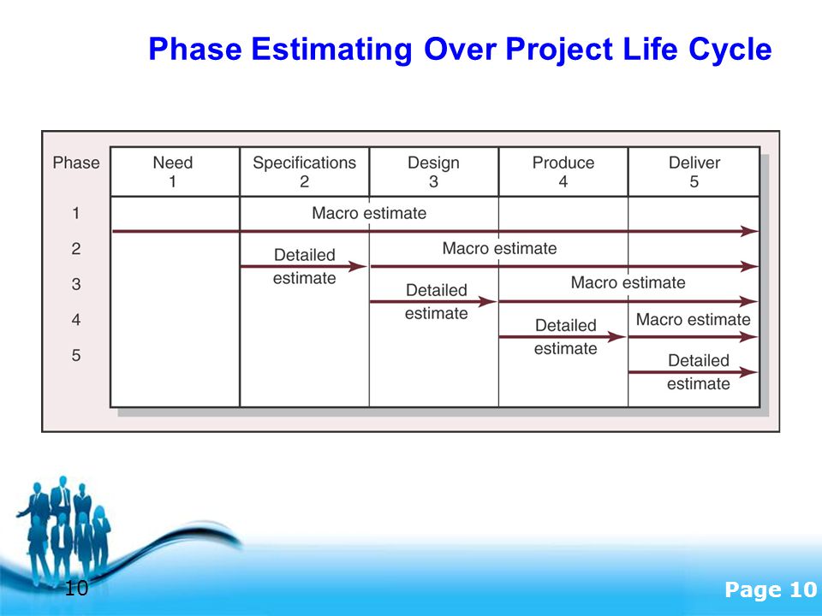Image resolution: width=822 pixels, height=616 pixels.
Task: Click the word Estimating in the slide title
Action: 332,50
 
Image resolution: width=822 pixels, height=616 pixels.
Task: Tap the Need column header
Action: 172,172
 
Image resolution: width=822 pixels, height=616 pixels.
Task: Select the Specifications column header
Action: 304,172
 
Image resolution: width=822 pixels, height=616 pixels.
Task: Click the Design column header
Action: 433,172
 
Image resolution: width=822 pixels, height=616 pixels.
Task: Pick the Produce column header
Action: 563,172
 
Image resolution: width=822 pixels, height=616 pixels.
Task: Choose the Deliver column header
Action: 694,172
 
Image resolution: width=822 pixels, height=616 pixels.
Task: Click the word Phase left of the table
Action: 76,163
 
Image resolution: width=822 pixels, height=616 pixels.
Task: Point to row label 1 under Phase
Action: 76,213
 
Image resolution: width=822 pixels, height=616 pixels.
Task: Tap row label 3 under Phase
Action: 76,284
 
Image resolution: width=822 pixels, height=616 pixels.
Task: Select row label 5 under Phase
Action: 76,355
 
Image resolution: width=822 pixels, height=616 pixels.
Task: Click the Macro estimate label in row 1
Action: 369,213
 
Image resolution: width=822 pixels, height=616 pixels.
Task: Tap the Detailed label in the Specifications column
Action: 305,255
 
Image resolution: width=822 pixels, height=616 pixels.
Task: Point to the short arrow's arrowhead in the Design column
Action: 487,302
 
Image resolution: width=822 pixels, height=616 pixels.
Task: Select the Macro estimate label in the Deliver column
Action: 693,319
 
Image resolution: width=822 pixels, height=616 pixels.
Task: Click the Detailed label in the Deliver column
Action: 699,360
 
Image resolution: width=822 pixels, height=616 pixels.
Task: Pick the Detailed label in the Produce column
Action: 566,325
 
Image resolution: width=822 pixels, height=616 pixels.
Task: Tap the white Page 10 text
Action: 771,589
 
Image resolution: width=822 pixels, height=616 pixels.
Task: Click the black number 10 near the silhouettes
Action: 76,589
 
